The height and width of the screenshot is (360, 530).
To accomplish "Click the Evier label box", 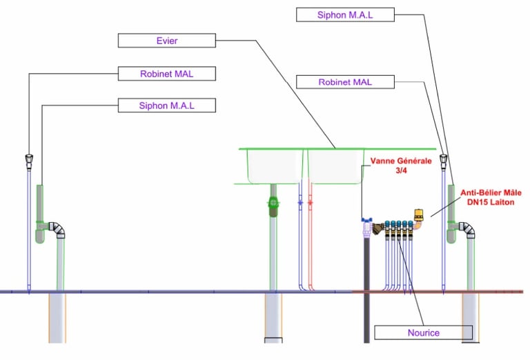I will [166, 41].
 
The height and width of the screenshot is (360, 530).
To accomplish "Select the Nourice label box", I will [423, 332].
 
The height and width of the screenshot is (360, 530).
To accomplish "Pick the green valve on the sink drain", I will [273, 204].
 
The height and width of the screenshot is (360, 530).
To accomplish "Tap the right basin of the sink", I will [333, 166].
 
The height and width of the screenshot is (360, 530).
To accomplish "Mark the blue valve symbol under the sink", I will [300, 205].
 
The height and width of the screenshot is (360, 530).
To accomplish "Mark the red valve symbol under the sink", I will [311, 205].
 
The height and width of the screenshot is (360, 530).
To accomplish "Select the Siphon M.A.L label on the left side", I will [166, 106].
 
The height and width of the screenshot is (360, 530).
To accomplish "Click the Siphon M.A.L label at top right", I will [345, 14].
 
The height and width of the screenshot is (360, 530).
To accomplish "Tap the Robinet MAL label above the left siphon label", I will [166, 73].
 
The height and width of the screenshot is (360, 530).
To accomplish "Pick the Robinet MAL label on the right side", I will [345, 82].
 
